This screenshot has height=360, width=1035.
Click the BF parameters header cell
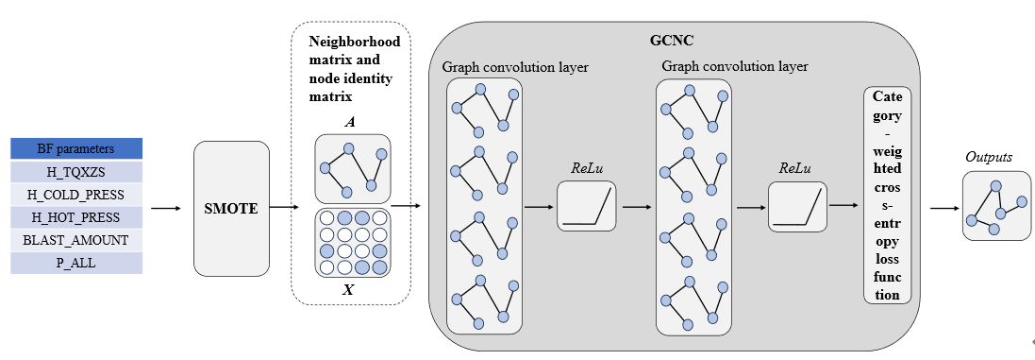(x=75, y=149)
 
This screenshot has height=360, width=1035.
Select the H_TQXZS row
(x=75, y=172)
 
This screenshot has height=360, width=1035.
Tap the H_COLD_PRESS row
(x=75, y=195)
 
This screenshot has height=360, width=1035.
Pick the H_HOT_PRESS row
(x=75, y=217)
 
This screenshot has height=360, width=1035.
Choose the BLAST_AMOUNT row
(x=75, y=240)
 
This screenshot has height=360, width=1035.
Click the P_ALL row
(x=75, y=263)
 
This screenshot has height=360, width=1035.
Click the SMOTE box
(x=231, y=208)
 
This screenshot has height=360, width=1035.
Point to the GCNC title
(x=673, y=43)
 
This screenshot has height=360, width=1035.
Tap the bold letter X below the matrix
(x=349, y=290)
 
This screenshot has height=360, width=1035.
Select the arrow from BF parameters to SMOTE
(x=167, y=208)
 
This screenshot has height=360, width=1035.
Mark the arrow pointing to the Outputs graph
(x=943, y=208)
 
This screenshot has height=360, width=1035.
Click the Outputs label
(x=989, y=157)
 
